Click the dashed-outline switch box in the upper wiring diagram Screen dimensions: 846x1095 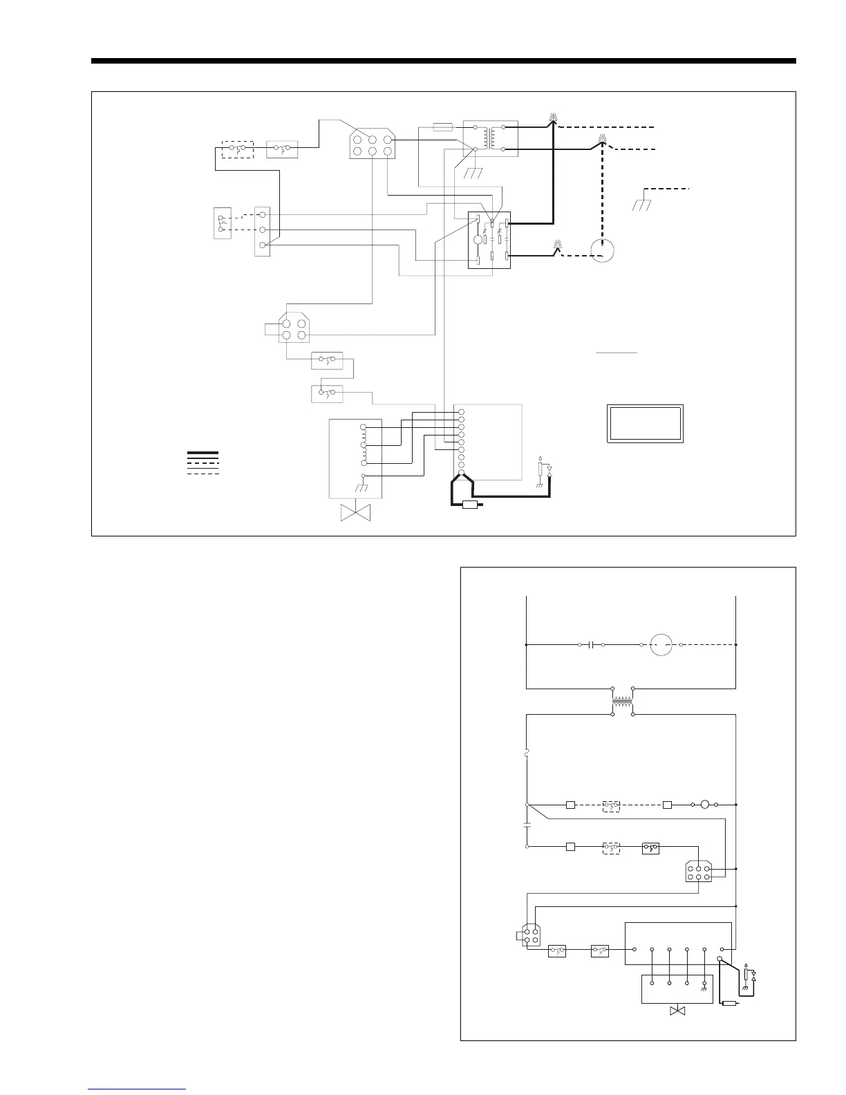[x=237, y=149]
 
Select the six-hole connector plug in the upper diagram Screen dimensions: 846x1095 [x=372, y=144]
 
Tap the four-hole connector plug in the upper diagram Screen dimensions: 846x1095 [x=294, y=327]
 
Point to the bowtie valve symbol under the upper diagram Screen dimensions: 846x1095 [x=357, y=514]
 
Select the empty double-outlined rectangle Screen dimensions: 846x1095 [x=645, y=424]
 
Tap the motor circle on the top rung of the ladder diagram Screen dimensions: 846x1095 [x=661, y=645]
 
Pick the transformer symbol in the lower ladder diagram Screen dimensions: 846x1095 [x=623, y=702]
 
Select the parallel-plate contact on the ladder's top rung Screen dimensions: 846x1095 [x=591, y=645]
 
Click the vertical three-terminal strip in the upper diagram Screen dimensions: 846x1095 [x=262, y=231]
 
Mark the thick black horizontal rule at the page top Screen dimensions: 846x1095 [x=443, y=62]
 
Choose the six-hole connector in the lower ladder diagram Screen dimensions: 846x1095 [x=698, y=870]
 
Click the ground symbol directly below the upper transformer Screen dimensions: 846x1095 [x=473, y=172]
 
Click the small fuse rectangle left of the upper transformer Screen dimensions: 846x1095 [x=442, y=127]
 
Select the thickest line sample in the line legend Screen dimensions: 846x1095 [x=203, y=453]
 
